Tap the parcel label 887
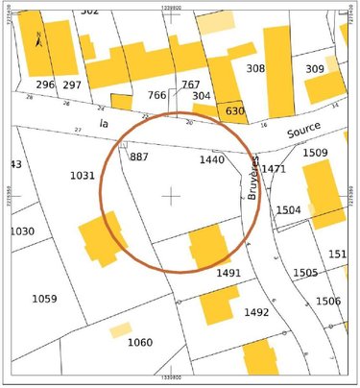tap(138, 157)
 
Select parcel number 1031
tap(83, 176)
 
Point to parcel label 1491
tap(228, 273)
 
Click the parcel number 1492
tap(256, 312)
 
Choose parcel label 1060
tap(140, 342)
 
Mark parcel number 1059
tap(44, 299)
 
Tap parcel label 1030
tap(21, 231)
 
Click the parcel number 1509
tap(315, 153)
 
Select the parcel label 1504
tap(288, 209)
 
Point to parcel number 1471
tap(274, 169)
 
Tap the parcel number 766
tap(156, 95)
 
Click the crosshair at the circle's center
tap(171, 196)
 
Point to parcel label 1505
tap(305, 273)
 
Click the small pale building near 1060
tap(120, 329)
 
